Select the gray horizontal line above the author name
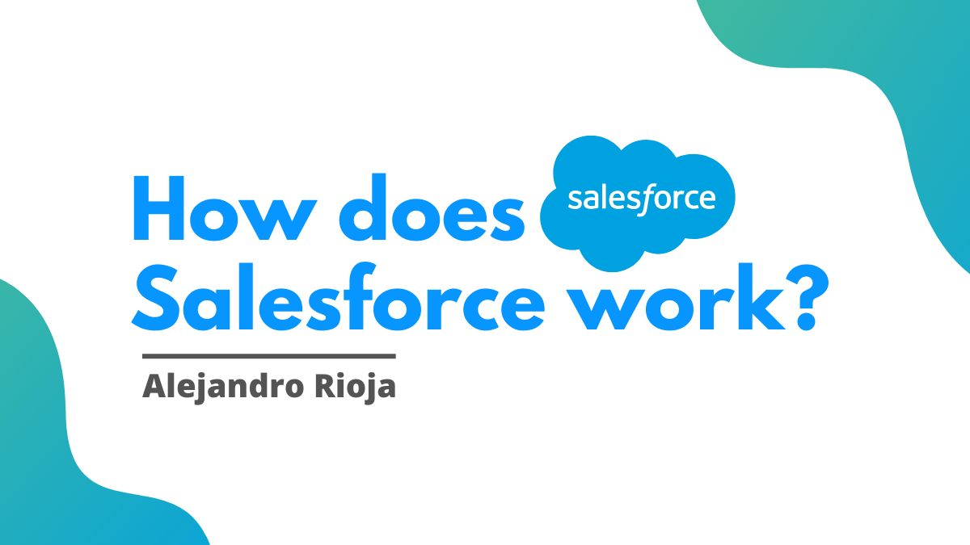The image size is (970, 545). click(268, 355)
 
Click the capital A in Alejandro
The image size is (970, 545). click(152, 387)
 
